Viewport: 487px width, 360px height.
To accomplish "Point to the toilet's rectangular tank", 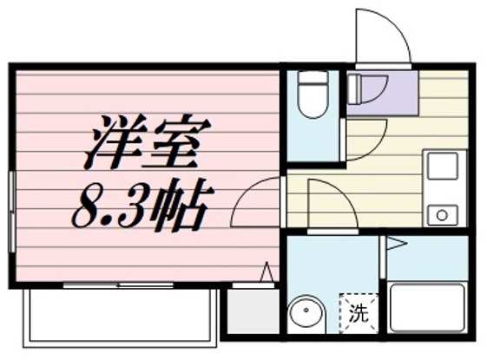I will (x=312, y=77).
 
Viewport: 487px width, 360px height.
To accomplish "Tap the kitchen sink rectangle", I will (x=443, y=165).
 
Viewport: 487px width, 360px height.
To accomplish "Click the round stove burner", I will (x=443, y=213).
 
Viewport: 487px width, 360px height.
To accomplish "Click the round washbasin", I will (x=305, y=314).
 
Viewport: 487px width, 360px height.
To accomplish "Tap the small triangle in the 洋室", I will (x=267, y=272).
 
